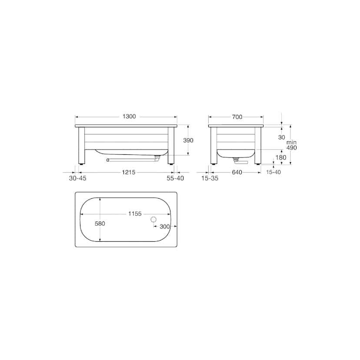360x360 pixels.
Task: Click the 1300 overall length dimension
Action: coord(129,117)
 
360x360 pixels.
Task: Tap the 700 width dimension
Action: coord(237,117)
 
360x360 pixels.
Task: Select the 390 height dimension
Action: coord(188,140)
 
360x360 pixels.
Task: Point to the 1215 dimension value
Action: coord(129,172)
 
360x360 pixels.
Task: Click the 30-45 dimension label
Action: coord(77,178)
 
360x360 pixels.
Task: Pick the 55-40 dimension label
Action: coord(175,178)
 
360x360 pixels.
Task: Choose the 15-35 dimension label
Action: coord(210,178)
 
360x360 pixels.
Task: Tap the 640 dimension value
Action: coord(237,172)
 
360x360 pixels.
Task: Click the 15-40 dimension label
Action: coord(273,172)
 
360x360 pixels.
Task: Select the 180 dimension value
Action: coord(281,157)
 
